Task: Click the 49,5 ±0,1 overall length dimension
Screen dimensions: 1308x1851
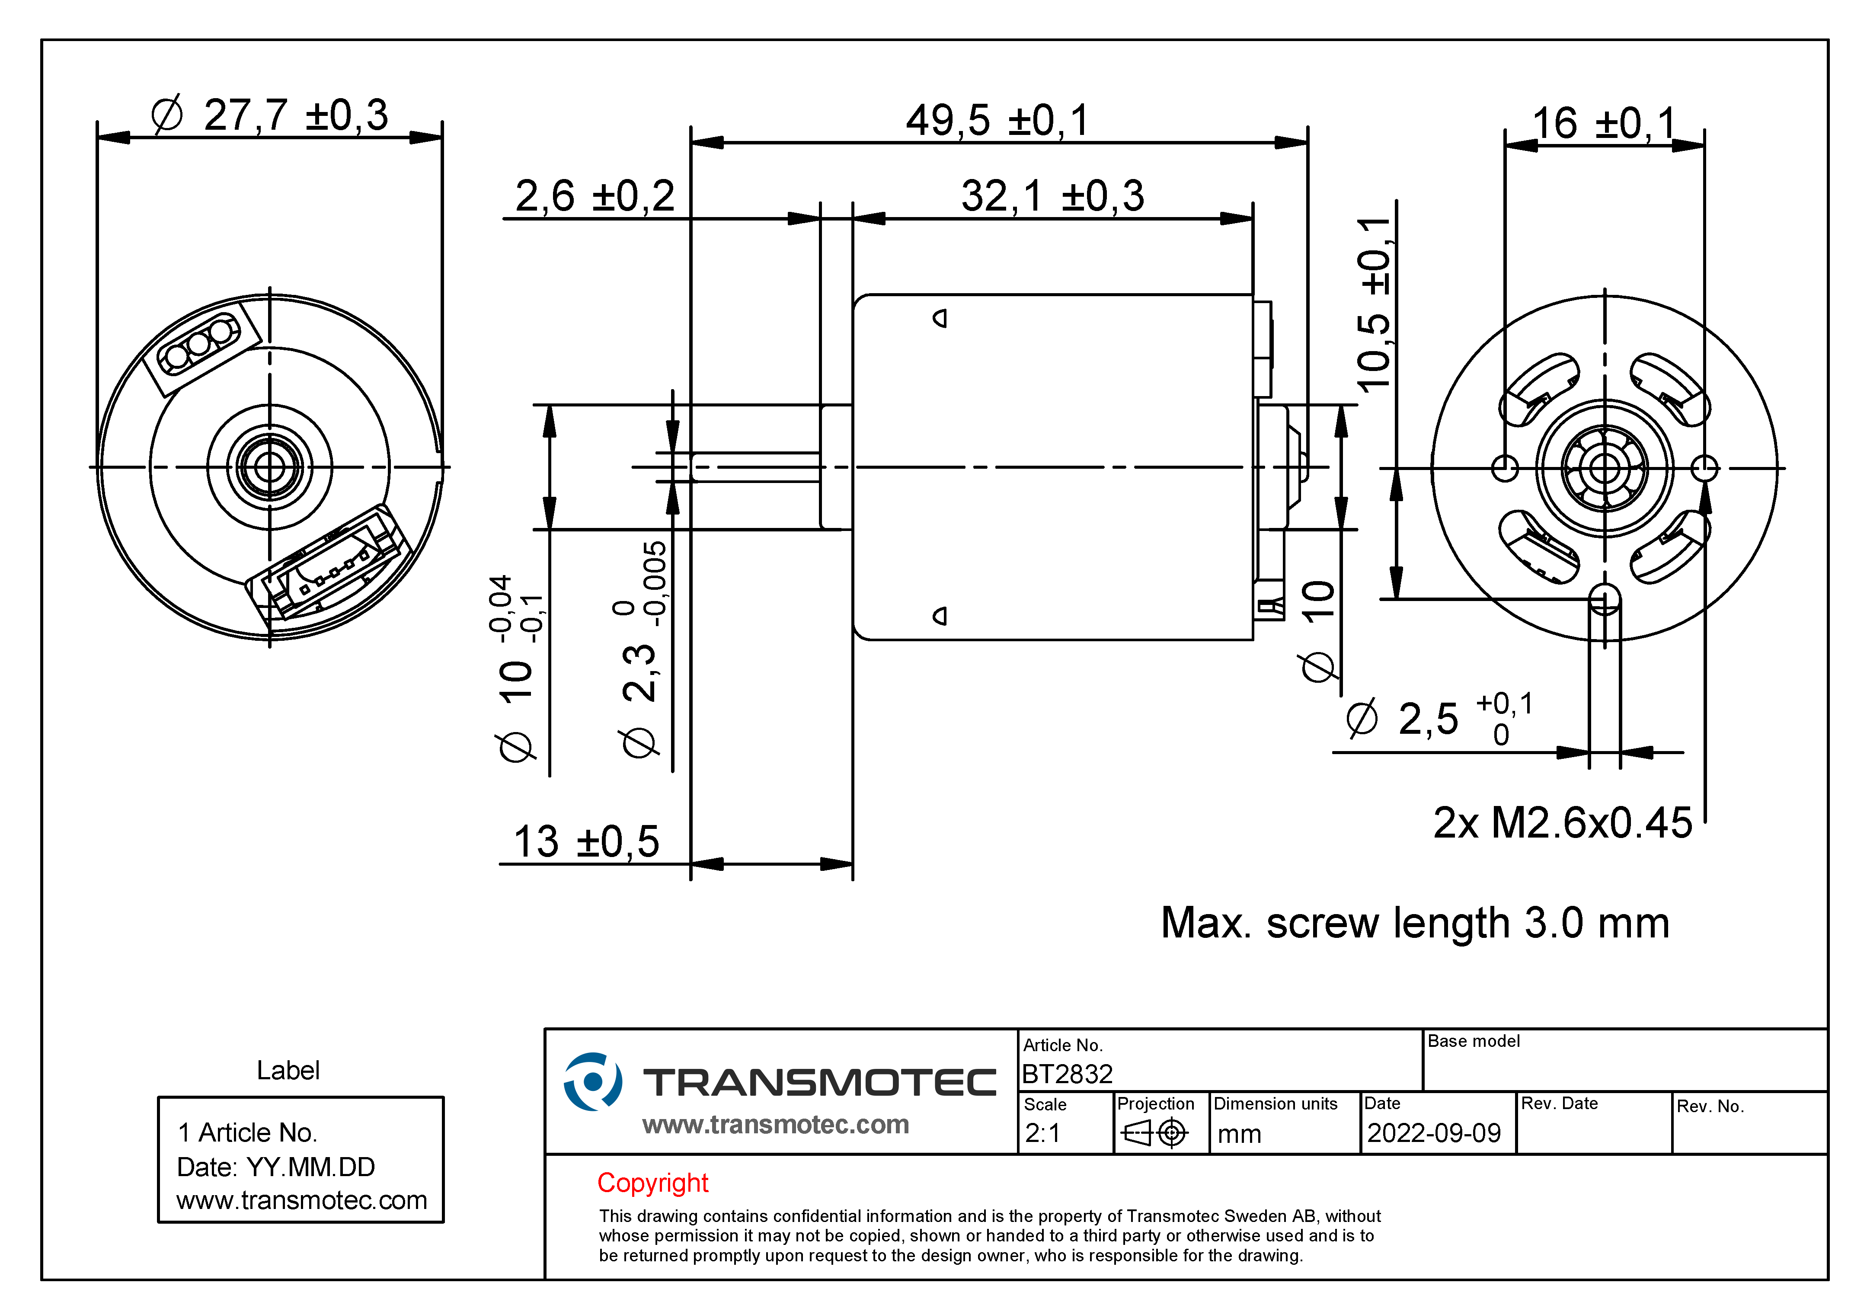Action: pos(997,121)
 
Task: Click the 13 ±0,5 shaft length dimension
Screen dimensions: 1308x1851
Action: pos(586,843)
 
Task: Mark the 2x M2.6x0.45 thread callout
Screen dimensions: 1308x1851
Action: pos(1562,823)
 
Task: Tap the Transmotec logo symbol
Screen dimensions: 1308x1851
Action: pos(592,1081)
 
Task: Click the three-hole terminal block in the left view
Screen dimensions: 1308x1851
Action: pos(199,345)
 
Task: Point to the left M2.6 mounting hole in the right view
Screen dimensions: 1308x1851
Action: pos(1504,468)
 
